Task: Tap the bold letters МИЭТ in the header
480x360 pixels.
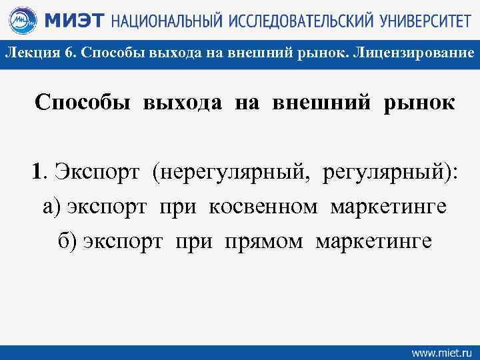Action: click(73, 21)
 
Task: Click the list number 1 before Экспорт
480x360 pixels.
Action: click(39, 173)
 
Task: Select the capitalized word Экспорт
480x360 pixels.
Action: click(98, 173)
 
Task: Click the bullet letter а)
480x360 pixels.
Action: click(53, 206)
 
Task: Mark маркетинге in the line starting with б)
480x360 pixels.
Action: click(373, 239)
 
